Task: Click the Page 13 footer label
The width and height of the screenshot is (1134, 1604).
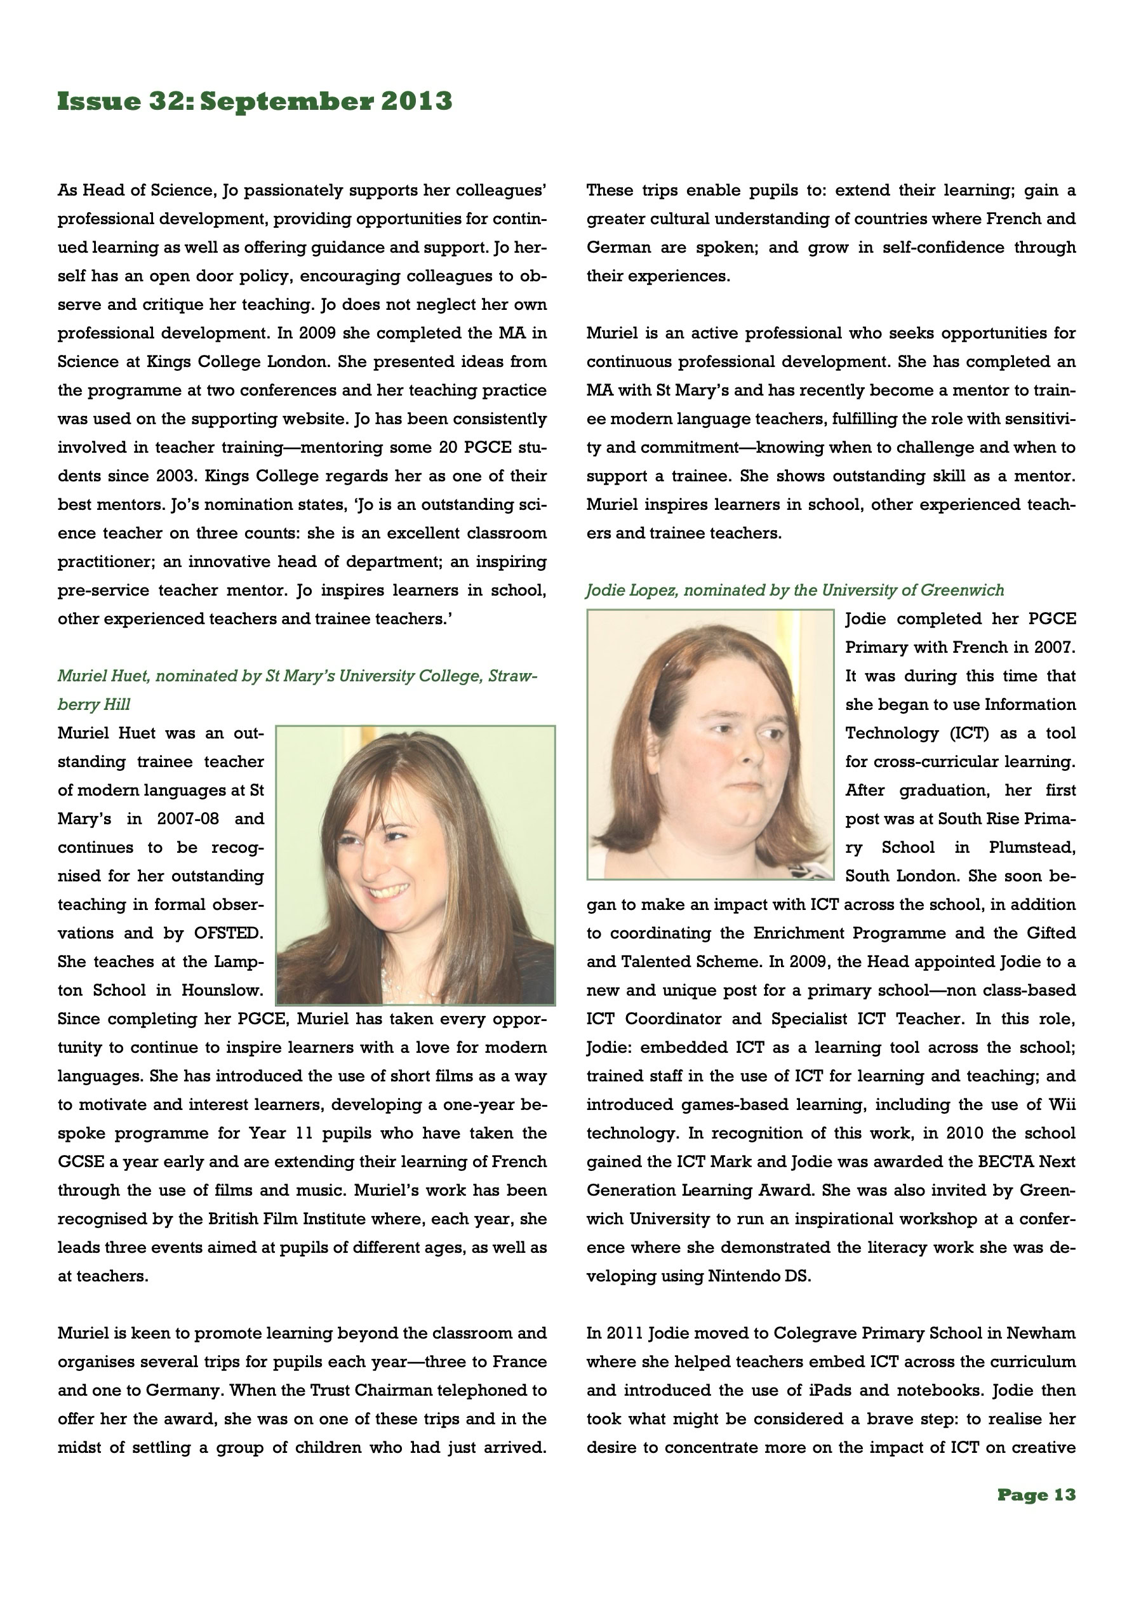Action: [1036, 1494]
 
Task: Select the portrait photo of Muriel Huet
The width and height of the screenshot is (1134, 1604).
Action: [416, 865]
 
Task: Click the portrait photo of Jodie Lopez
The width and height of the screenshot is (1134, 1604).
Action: [710, 745]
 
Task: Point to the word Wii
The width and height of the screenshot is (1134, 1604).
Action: [1062, 1104]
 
